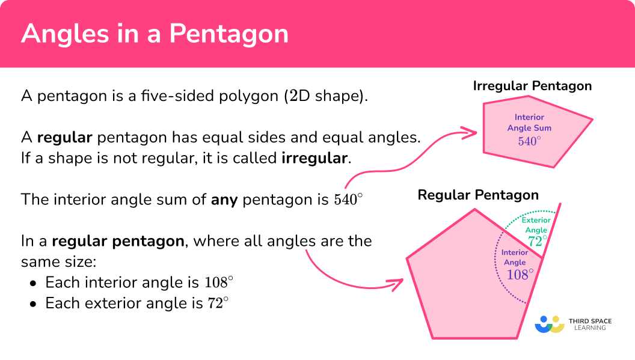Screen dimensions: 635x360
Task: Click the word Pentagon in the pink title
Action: (x=229, y=34)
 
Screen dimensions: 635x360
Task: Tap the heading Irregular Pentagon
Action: (x=532, y=87)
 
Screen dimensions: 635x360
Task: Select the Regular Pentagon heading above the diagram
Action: (x=478, y=195)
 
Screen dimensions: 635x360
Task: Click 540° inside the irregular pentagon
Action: (x=529, y=141)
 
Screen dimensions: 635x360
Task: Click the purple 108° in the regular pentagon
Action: (x=520, y=275)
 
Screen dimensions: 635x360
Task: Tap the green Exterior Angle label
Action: (x=536, y=225)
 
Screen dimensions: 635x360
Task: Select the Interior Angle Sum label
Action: (x=529, y=122)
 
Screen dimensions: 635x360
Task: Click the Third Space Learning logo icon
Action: (x=550, y=325)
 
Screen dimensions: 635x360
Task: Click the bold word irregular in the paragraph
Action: (x=314, y=158)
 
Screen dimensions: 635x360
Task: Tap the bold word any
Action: (x=224, y=200)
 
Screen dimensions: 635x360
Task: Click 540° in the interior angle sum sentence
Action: (x=348, y=200)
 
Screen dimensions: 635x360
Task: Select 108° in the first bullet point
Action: (x=219, y=282)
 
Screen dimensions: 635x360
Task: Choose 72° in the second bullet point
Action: (x=218, y=303)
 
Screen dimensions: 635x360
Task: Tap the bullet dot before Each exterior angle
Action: (x=33, y=304)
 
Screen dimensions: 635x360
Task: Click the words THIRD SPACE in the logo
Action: (x=590, y=321)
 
